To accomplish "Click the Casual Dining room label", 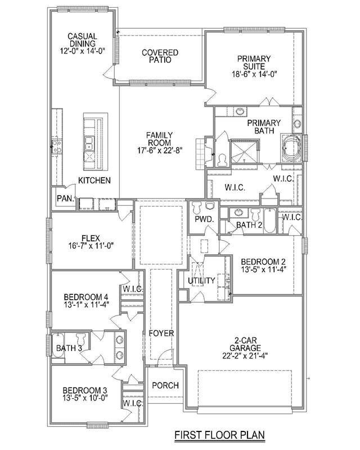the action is click(82, 40).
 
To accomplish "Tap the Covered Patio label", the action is click(160, 56).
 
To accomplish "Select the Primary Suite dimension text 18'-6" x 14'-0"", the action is click(254, 74).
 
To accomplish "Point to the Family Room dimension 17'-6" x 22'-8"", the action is click(160, 150).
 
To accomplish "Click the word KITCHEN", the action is click(94, 180).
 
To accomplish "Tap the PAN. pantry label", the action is click(66, 199).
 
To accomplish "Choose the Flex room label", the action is click(91, 238).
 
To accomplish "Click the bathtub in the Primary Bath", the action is click(291, 148).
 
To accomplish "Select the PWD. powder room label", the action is click(204, 219).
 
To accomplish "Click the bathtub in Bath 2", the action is click(269, 220).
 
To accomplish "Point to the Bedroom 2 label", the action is click(263, 262).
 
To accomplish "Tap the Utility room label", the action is click(201, 281).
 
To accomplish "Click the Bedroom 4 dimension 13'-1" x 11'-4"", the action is click(87, 304).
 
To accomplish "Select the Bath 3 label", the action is click(69, 348).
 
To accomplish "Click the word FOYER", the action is click(161, 333).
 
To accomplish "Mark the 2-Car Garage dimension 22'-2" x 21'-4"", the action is click(245, 355).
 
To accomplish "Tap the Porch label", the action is click(165, 385).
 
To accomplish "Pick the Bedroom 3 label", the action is click(85, 390).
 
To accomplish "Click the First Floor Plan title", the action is click(219, 434).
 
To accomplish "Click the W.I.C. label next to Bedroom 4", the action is click(133, 289).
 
